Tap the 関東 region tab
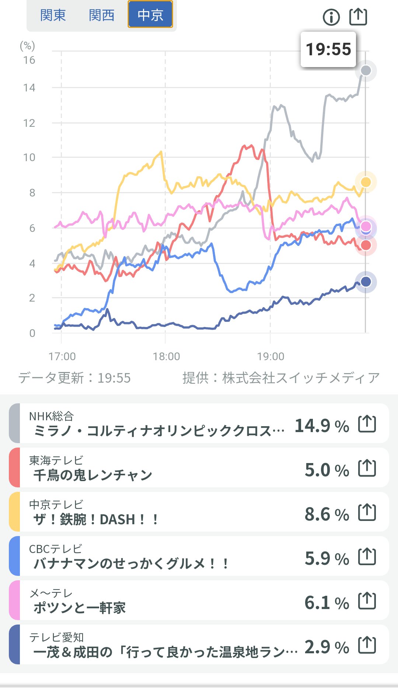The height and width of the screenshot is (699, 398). (x=53, y=15)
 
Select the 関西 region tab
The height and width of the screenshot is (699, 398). (x=101, y=15)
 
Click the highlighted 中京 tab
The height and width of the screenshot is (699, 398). (x=150, y=15)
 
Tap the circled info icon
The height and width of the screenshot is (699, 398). (x=331, y=17)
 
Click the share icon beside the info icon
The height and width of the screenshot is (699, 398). (x=358, y=17)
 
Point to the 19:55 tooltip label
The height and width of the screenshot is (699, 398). (x=328, y=49)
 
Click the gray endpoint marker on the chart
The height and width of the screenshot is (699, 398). (x=366, y=70)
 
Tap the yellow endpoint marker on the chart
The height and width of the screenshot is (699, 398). (x=366, y=182)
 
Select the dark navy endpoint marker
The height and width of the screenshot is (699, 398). (x=366, y=282)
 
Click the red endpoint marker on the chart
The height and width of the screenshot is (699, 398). (x=366, y=245)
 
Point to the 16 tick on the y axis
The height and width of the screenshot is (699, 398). (x=29, y=60)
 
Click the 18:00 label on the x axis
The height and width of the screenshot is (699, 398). (x=166, y=357)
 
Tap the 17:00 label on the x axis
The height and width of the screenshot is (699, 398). (x=62, y=357)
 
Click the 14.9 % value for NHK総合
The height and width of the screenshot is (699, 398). (x=322, y=426)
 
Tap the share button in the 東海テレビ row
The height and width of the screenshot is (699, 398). (x=367, y=468)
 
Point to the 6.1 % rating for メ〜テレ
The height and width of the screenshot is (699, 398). (x=327, y=603)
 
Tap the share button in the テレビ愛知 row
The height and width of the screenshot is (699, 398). (x=367, y=645)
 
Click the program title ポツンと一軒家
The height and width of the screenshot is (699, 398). (x=80, y=608)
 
